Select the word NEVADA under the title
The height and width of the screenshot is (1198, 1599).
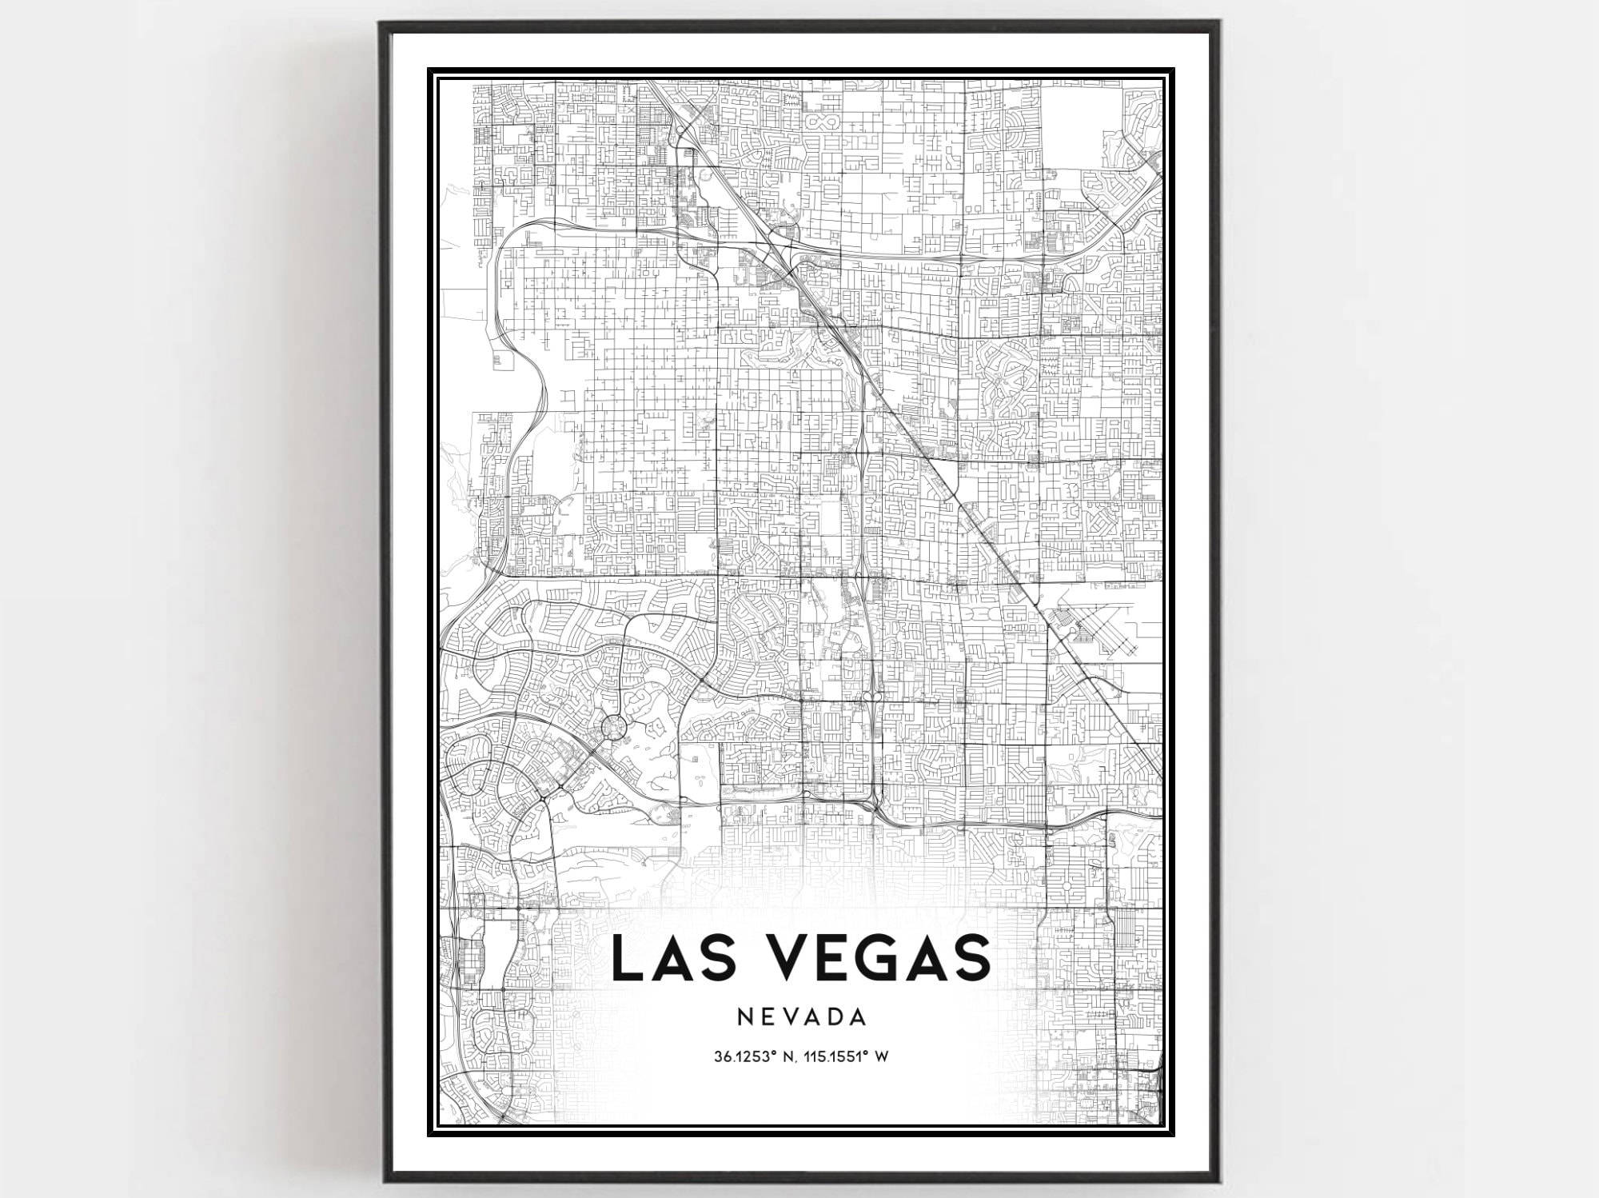tap(802, 1017)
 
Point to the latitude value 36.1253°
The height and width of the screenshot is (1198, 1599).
tap(746, 1057)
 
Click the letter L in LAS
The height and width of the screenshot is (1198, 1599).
tap(626, 957)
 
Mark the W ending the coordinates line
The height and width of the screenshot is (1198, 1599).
tap(882, 1057)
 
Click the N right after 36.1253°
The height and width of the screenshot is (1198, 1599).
tap(788, 1057)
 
